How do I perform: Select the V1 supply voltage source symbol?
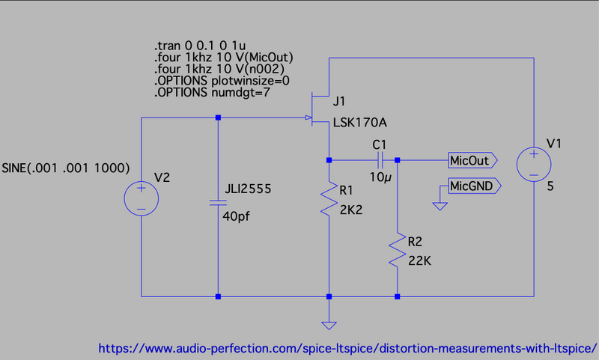tap(534, 165)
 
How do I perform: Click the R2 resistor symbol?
tap(397, 251)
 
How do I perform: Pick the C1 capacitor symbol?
tap(381, 159)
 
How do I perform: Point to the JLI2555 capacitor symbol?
tap(218, 202)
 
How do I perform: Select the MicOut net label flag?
tap(472, 159)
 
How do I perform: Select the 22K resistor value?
tap(419, 260)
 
